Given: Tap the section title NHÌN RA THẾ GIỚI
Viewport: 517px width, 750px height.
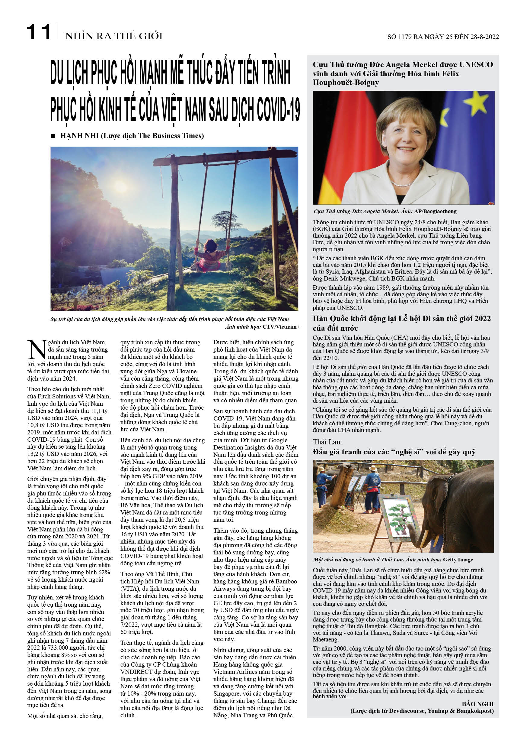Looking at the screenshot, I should coord(114,36).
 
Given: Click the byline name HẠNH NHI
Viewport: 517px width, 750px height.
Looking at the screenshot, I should coord(79,136).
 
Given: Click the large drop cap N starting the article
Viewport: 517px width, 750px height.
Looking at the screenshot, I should coord(37,349).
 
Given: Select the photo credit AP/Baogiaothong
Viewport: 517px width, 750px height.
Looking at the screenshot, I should coord(435,211).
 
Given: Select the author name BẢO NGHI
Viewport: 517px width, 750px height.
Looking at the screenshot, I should coord(477,704).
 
